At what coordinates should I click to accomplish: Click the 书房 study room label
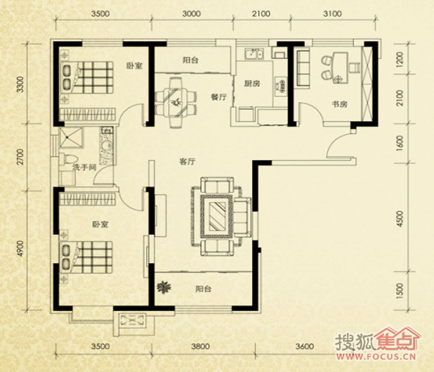point(339,104)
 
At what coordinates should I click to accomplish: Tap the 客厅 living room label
point(187,162)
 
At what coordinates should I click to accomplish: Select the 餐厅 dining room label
point(219,97)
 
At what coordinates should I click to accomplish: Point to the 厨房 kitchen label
point(252,83)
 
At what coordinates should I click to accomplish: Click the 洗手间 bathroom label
point(84,167)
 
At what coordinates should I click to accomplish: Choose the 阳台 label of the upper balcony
point(190,60)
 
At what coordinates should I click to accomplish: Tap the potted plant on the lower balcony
point(164,287)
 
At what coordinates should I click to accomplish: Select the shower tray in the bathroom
point(71,138)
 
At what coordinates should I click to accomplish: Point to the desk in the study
point(340,68)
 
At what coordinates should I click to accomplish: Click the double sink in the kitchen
point(254,54)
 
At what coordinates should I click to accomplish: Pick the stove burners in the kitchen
point(280,86)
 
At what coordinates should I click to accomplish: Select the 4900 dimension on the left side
point(20,248)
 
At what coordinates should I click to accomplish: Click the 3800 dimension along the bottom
point(200,346)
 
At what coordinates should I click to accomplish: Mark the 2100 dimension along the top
point(261,14)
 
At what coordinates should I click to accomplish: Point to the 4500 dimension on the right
point(400,219)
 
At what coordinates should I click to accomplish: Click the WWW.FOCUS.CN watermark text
point(376,356)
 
